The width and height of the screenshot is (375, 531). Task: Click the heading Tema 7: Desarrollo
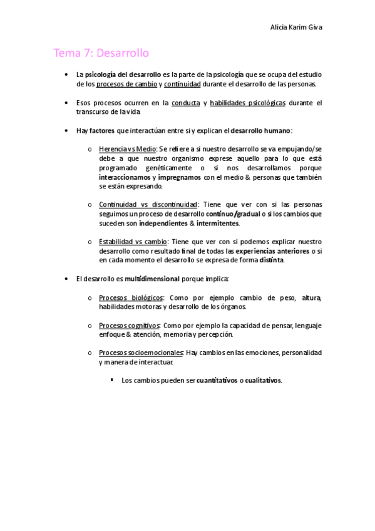(x=101, y=53)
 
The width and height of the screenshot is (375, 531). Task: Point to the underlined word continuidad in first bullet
(x=182, y=84)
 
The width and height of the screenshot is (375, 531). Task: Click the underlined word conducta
(x=188, y=102)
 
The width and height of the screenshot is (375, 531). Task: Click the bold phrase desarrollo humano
(x=260, y=130)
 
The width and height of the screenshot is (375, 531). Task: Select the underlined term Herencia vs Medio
(x=128, y=149)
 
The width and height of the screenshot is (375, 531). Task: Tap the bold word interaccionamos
(x=125, y=177)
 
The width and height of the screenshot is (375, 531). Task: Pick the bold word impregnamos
(x=179, y=177)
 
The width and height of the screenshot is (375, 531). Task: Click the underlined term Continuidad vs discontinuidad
(x=147, y=205)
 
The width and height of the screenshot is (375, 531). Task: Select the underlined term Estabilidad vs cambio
(x=132, y=242)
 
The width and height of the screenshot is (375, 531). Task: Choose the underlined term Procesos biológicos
(x=131, y=297)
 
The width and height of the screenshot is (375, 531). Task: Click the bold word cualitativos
(x=263, y=380)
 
